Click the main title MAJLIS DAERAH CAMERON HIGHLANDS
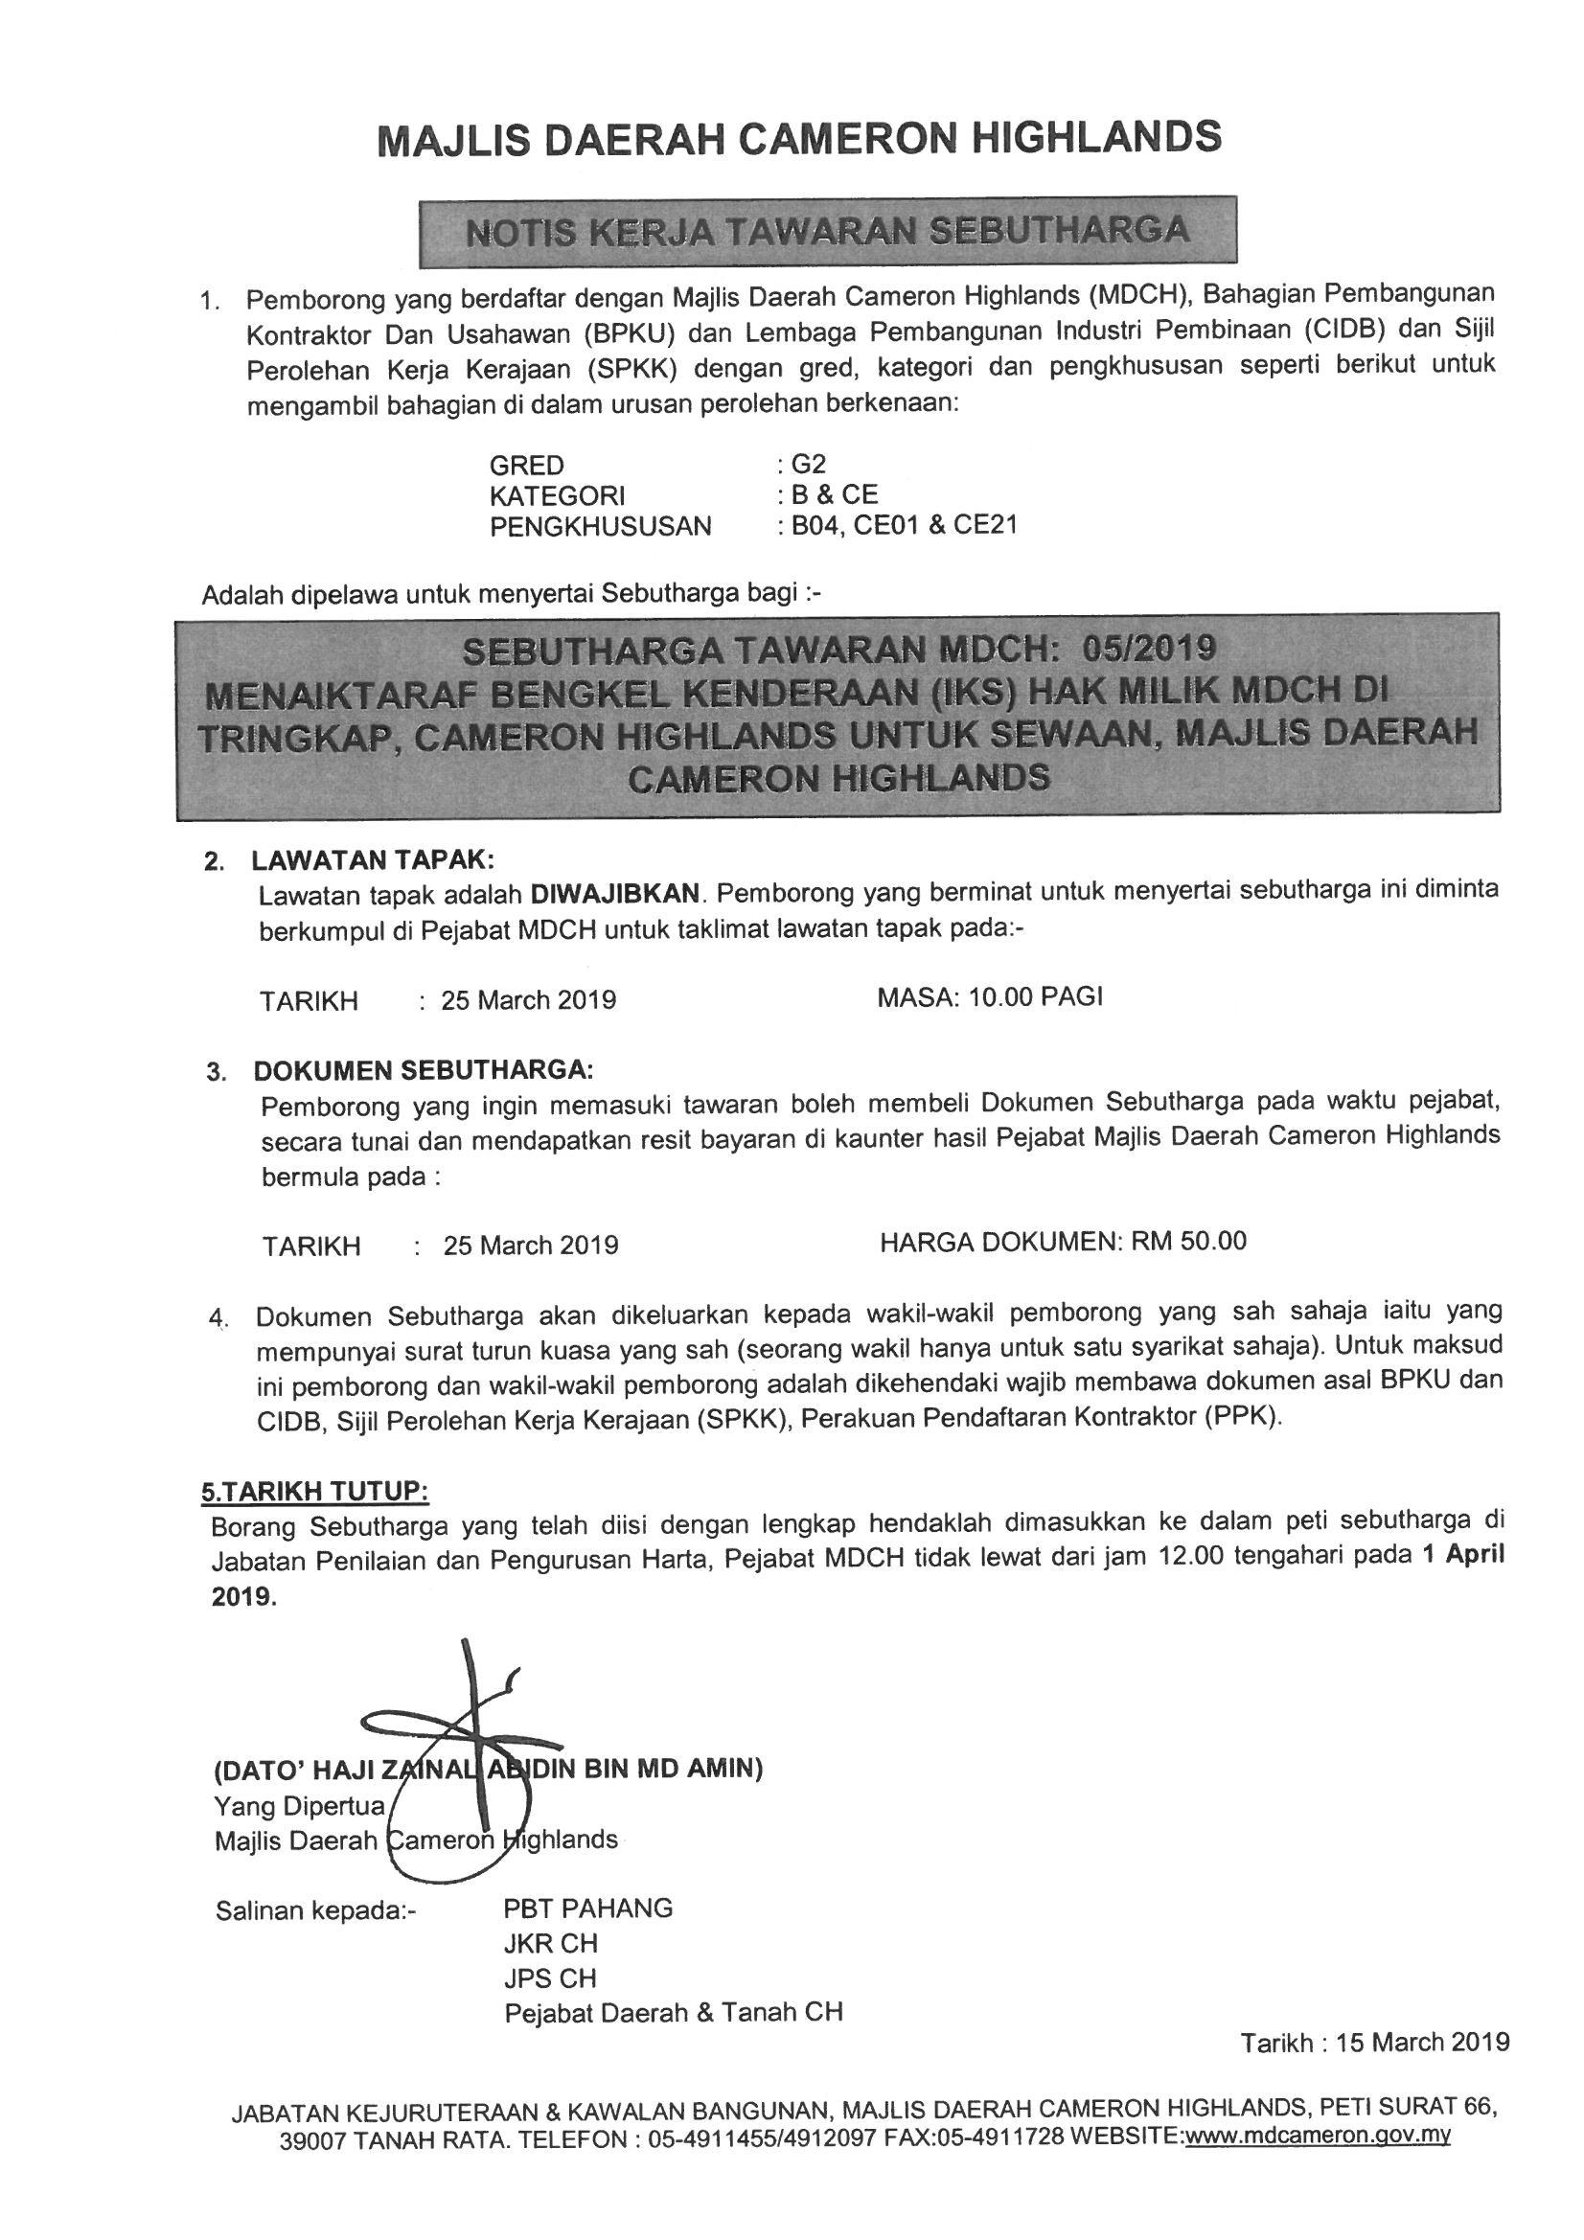798,139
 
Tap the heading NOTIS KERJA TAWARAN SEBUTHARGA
828,231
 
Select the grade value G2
808,465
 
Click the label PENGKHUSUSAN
600,527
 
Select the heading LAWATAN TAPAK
373,860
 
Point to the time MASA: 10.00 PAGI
990,997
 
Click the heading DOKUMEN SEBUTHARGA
424,1071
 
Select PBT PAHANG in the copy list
587,1909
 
